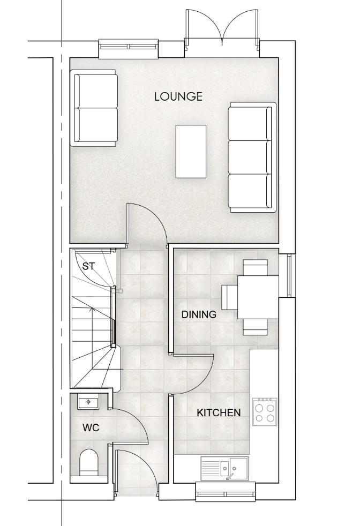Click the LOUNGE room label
[x=178, y=96]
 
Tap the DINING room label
[x=199, y=314]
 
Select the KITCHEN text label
[x=219, y=412]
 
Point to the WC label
[x=91, y=428]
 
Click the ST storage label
[x=88, y=267]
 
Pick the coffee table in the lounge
[x=191, y=151]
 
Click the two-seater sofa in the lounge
[x=94, y=108]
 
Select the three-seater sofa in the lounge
[x=252, y=157]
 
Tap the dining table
[x=258, y=297]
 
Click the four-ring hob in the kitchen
[x=265, y=412]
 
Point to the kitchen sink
[x=224, y=468]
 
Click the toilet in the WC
[x=88, y=462]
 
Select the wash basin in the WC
[x=88, y=402]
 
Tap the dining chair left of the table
[x=229, y=297]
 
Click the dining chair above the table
[x=256, y=267]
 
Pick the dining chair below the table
[x=256, y=327]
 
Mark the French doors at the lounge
[x=222, y=29]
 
